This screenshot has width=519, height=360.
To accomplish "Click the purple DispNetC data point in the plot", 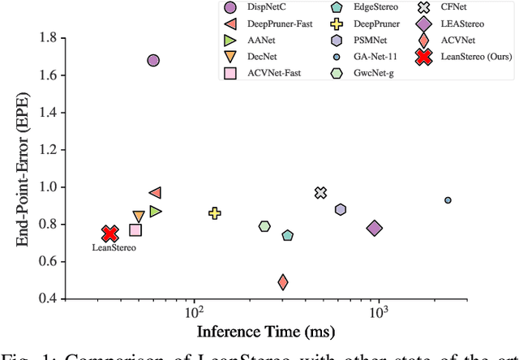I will coord(152,61).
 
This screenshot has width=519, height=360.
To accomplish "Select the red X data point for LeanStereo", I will coord(110,234).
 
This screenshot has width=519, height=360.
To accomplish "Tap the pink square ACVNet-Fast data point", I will coord(135,230).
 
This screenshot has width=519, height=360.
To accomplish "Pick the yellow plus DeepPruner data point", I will coord(215,213).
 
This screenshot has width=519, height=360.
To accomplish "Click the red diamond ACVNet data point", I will coord(283,282).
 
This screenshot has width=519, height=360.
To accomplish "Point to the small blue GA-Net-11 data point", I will coord(448,200).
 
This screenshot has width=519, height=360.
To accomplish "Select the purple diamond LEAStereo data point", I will coord(374,228).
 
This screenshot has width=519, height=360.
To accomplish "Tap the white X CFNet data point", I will coord(321,192).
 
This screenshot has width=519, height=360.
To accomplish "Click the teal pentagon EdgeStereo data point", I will coord(287,236).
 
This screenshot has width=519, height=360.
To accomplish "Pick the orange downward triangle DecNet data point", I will coord(139,216).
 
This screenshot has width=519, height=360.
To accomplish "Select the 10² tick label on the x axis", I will coord(195,313).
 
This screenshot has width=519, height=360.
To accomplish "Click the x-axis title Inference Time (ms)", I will coord(265,332).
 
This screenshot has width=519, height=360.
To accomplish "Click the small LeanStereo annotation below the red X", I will coord(114,247).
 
